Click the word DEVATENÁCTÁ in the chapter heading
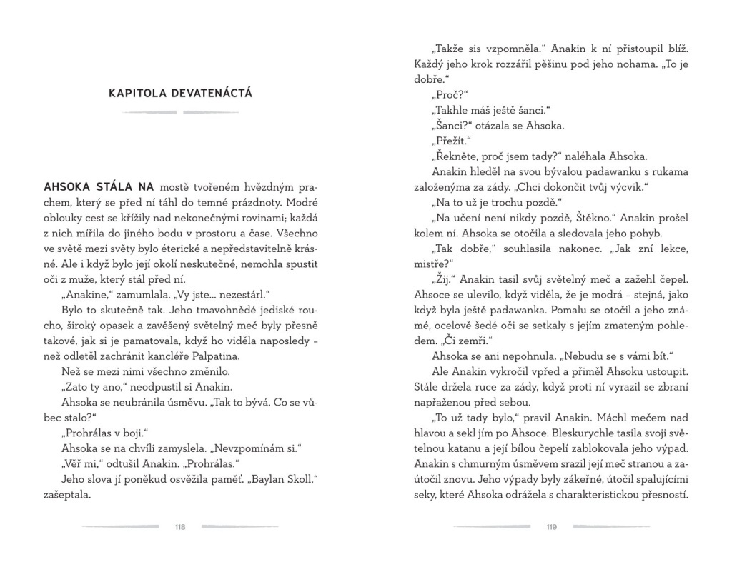click(x=212, y=94)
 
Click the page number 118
click(x=179, y=528)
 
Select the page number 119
click(x=551, y=528)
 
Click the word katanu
click(x=462, y=448)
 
